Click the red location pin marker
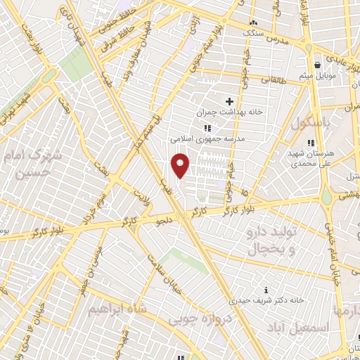click(x=180, y=166)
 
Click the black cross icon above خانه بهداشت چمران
click(x=229, y=102)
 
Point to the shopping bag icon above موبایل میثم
click(x=317, y=63)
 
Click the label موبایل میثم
click(x=317, y=75)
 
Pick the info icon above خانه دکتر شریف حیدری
click(x=265, y=290)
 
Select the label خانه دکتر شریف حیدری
click(x=271, y=300)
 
